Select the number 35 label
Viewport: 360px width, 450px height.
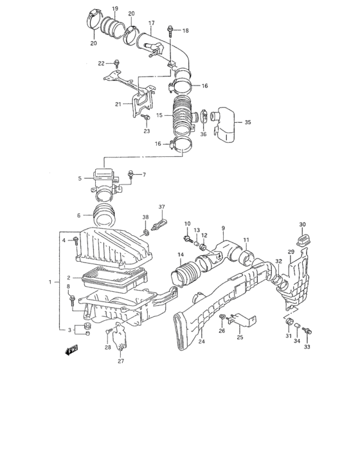[x=248, y=122]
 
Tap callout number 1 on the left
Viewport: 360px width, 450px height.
[x=50, y=282]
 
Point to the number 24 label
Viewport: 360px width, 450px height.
[x=202, y=341]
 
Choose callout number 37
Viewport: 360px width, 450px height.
[x=162, y=207]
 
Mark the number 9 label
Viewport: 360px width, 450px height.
[x=223, y=228]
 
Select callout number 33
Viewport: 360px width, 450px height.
[x=307, y=346]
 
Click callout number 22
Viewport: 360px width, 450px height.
[x=101, y=63]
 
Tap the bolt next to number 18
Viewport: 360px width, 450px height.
[x=170, y=30]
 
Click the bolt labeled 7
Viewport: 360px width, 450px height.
[x=131, y=174]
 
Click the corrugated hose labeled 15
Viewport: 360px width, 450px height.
[x=183, y=118]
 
